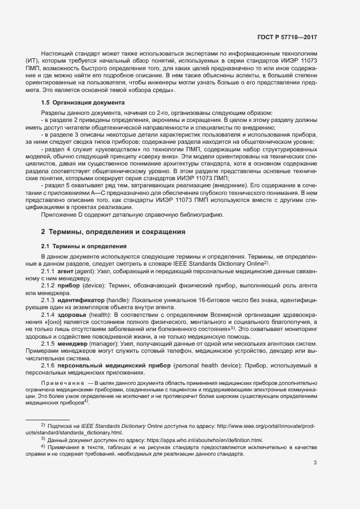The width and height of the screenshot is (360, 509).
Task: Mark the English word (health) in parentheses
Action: click(109, 316)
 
